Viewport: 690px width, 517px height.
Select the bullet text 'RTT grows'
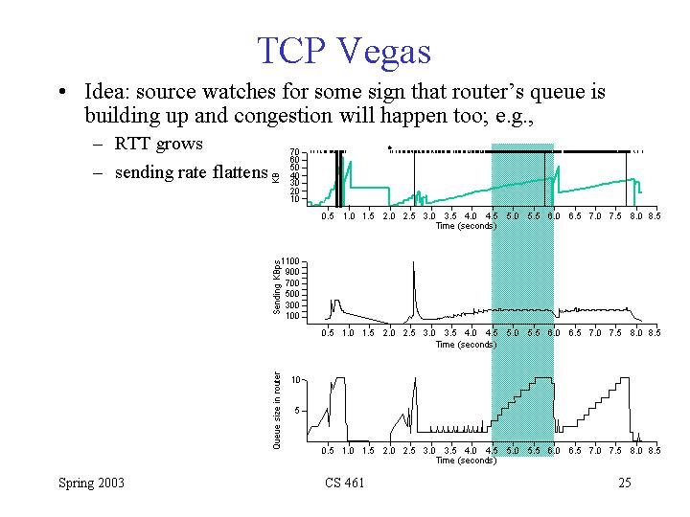[x=158, y=145]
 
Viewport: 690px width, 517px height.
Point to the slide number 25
[x=625, y=483]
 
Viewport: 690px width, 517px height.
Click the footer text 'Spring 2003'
[x=91, y=483]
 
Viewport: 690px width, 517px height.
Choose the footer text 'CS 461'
[x=345, y=483]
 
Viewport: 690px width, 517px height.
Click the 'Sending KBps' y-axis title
[x=277, y=286]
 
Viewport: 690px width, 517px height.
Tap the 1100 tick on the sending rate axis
[x=291, y=260]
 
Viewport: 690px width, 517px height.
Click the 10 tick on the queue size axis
[x=297, y=380]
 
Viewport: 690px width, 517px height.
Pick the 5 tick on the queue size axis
[x=299, y=411]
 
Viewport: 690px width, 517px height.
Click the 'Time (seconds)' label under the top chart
[x=466, y=226]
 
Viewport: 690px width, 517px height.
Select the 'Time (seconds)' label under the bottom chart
[x=466, y=460]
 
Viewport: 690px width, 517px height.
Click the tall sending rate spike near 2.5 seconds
[x=414, y=273]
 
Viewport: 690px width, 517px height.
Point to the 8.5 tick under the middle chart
[x=654, y=333]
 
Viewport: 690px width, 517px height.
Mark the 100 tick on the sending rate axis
[x=293, y=315]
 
